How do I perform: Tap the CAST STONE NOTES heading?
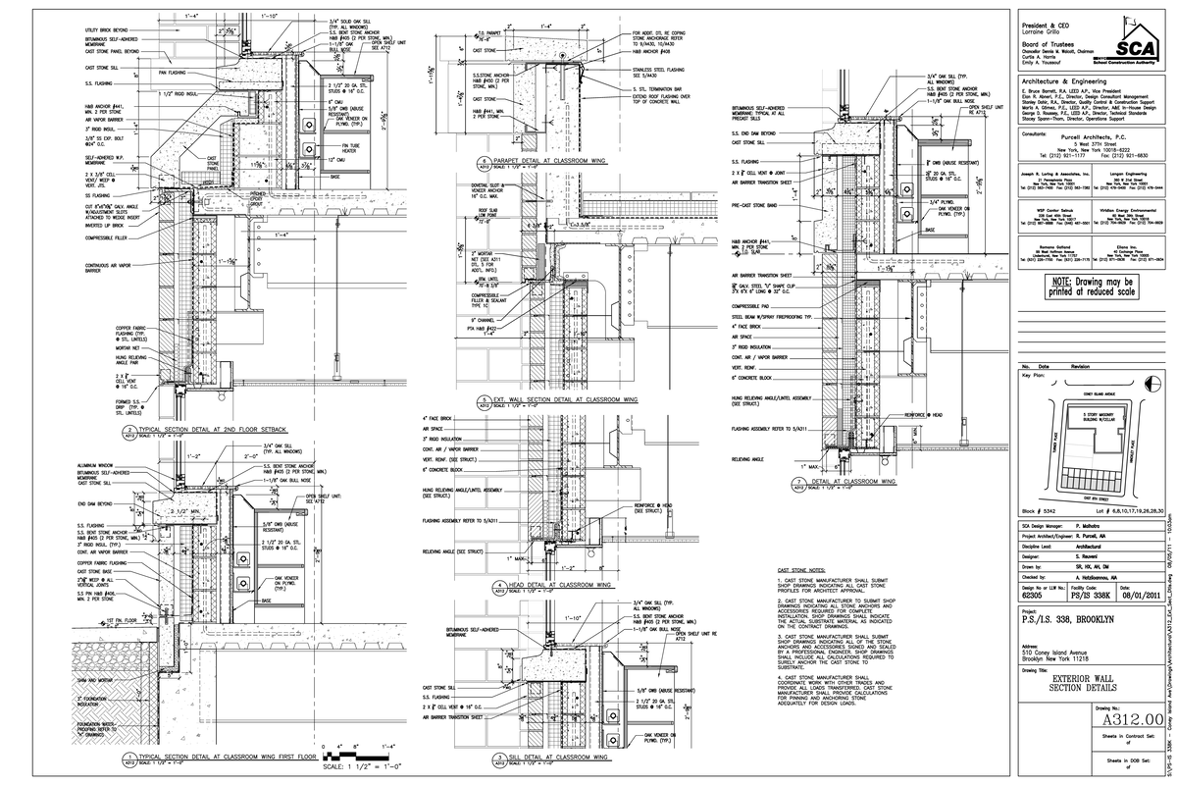coord(802,569)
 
